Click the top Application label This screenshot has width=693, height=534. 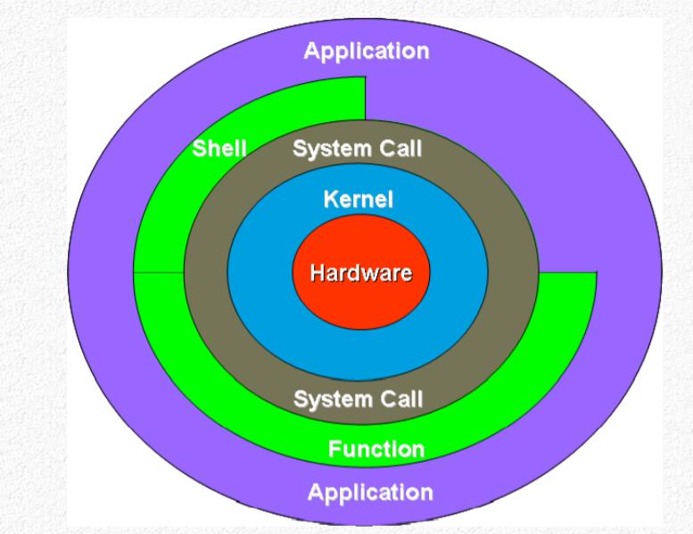pos(367,52)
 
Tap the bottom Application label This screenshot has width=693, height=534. pos(370,493)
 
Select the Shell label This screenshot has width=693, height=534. pos(219,148)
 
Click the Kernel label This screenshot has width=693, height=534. pos(359,199)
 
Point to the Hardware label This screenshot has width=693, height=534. pos(361,273)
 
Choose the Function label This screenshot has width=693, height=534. pos(376,449)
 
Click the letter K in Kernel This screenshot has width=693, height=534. pos(331,199)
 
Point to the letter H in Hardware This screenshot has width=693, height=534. pos(318,273)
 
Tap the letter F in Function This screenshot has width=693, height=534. pos(334,449)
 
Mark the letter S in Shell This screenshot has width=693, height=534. pos(199,148)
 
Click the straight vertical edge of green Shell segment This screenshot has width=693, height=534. pos(365,98)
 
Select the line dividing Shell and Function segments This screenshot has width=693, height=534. pos(159,273)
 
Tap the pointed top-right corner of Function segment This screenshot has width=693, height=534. pos(596,273)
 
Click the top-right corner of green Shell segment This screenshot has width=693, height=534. pos(365,78)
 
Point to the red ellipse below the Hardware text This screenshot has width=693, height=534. pos(361,307)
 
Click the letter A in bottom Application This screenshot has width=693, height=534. pos(316,491)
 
